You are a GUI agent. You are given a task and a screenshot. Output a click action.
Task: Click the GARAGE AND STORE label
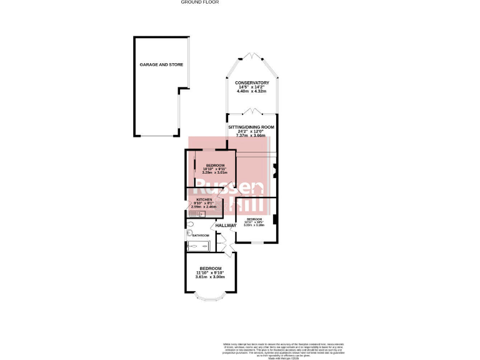[x=161, y=64]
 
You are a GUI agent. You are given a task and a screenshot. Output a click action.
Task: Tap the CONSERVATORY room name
[x=252, y=83]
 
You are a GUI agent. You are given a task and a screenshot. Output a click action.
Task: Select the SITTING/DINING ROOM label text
[x=252, y=127]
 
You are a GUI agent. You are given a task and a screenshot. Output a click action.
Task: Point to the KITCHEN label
[x=205, y=199]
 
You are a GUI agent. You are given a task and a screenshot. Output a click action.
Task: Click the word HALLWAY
[x=226, y=226]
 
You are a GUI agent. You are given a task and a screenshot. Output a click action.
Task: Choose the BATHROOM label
[x=201, y=236]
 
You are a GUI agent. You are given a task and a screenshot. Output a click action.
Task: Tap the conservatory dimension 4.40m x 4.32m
[x=252, y=92]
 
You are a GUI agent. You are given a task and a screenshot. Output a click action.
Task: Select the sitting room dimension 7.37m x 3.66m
[x=252, y=136]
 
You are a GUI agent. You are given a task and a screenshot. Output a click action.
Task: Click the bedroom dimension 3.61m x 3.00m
[x=211, y=277]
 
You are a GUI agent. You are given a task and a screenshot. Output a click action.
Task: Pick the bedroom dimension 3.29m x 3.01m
[x=215, y=172]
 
